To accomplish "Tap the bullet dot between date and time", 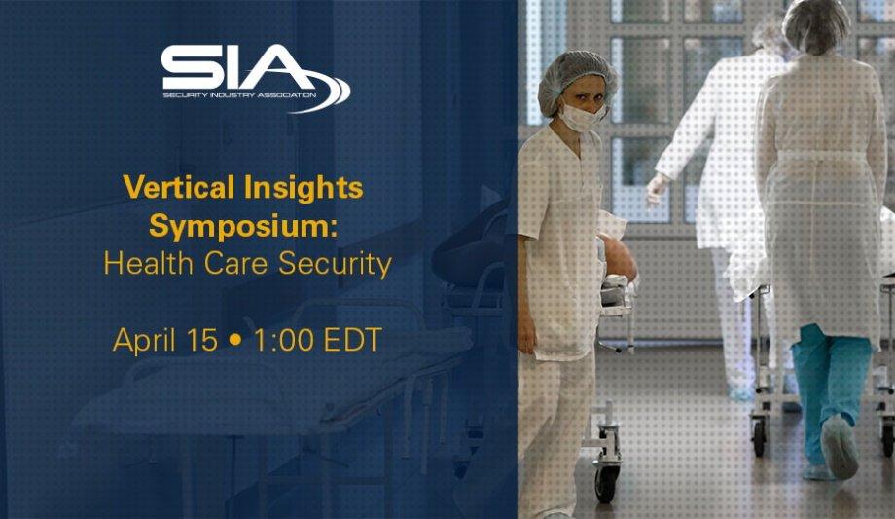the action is [234, 340].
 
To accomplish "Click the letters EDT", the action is [352, 340].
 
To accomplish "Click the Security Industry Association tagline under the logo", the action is [239, 94].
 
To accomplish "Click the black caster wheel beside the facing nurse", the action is [606, 484].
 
